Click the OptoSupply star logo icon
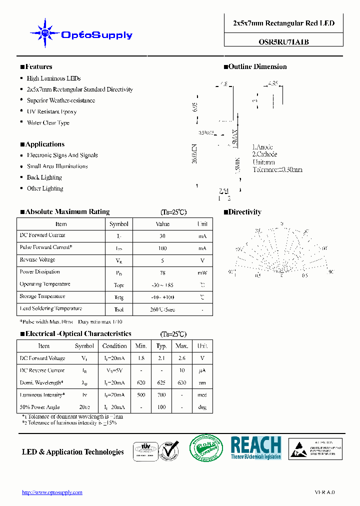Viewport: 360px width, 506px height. click(x=44, y=33)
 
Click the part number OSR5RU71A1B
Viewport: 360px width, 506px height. click(x=283, y=42)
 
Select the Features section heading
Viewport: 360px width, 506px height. click(x=36, y=67)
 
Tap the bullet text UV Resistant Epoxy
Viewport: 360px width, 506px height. click(x=51, y=111)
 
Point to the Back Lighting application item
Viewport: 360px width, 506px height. click(x=44, y=177)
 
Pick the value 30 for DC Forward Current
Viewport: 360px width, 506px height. click(x=162, y=236)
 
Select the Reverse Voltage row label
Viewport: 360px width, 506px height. click(x=37, y=260)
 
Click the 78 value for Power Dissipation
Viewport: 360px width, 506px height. click(x=162, y=272)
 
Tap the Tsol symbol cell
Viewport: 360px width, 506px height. click(x=118, y=309)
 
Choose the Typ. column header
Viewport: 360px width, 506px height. click(x=161, y=346)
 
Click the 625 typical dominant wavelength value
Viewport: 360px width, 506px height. click(x=161, y=383)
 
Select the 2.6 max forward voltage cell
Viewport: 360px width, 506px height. click(x=182, y=358)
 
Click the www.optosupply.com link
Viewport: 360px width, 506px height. click(x=52, y=492)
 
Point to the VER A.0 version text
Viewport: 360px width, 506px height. click(x=324, y=492)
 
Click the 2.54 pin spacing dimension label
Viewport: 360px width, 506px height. click(x=224, y=191)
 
